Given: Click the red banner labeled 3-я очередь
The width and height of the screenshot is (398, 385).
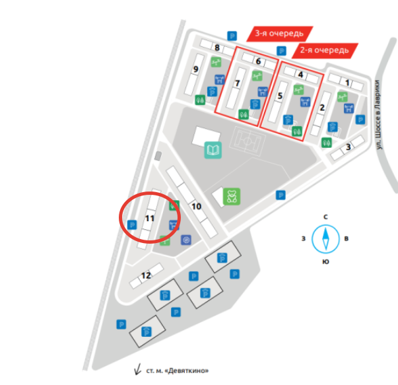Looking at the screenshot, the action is click(x=279, y=33).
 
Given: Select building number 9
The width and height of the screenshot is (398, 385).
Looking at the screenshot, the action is click(x=196, y=69).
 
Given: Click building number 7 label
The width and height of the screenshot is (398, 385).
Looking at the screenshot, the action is click(x=237, y=83).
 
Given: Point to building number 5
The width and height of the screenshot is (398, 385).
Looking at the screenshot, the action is click(x=280, y=96).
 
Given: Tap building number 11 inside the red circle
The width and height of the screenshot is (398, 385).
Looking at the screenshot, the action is click(x=150, y=218).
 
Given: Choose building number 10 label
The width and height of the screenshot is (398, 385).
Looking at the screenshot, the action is click(x=196, y=206).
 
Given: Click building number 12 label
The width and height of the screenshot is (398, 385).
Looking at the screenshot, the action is click(x=146, y=275).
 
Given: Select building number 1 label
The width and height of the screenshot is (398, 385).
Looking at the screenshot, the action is click(x=348, y=83).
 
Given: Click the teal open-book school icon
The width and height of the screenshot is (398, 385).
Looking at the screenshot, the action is click(x=213, y=151).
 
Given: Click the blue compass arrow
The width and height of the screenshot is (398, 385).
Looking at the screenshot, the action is click(x=325, y=238).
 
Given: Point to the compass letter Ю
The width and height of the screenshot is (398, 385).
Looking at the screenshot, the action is click(x=325, y=262).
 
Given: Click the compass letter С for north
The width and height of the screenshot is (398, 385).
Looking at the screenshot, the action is click(x=325, y=217).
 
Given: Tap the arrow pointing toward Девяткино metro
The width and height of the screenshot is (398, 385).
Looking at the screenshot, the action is click(x=138, y=370).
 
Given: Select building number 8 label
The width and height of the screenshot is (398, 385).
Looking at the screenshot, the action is click(x=216, y=47).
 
